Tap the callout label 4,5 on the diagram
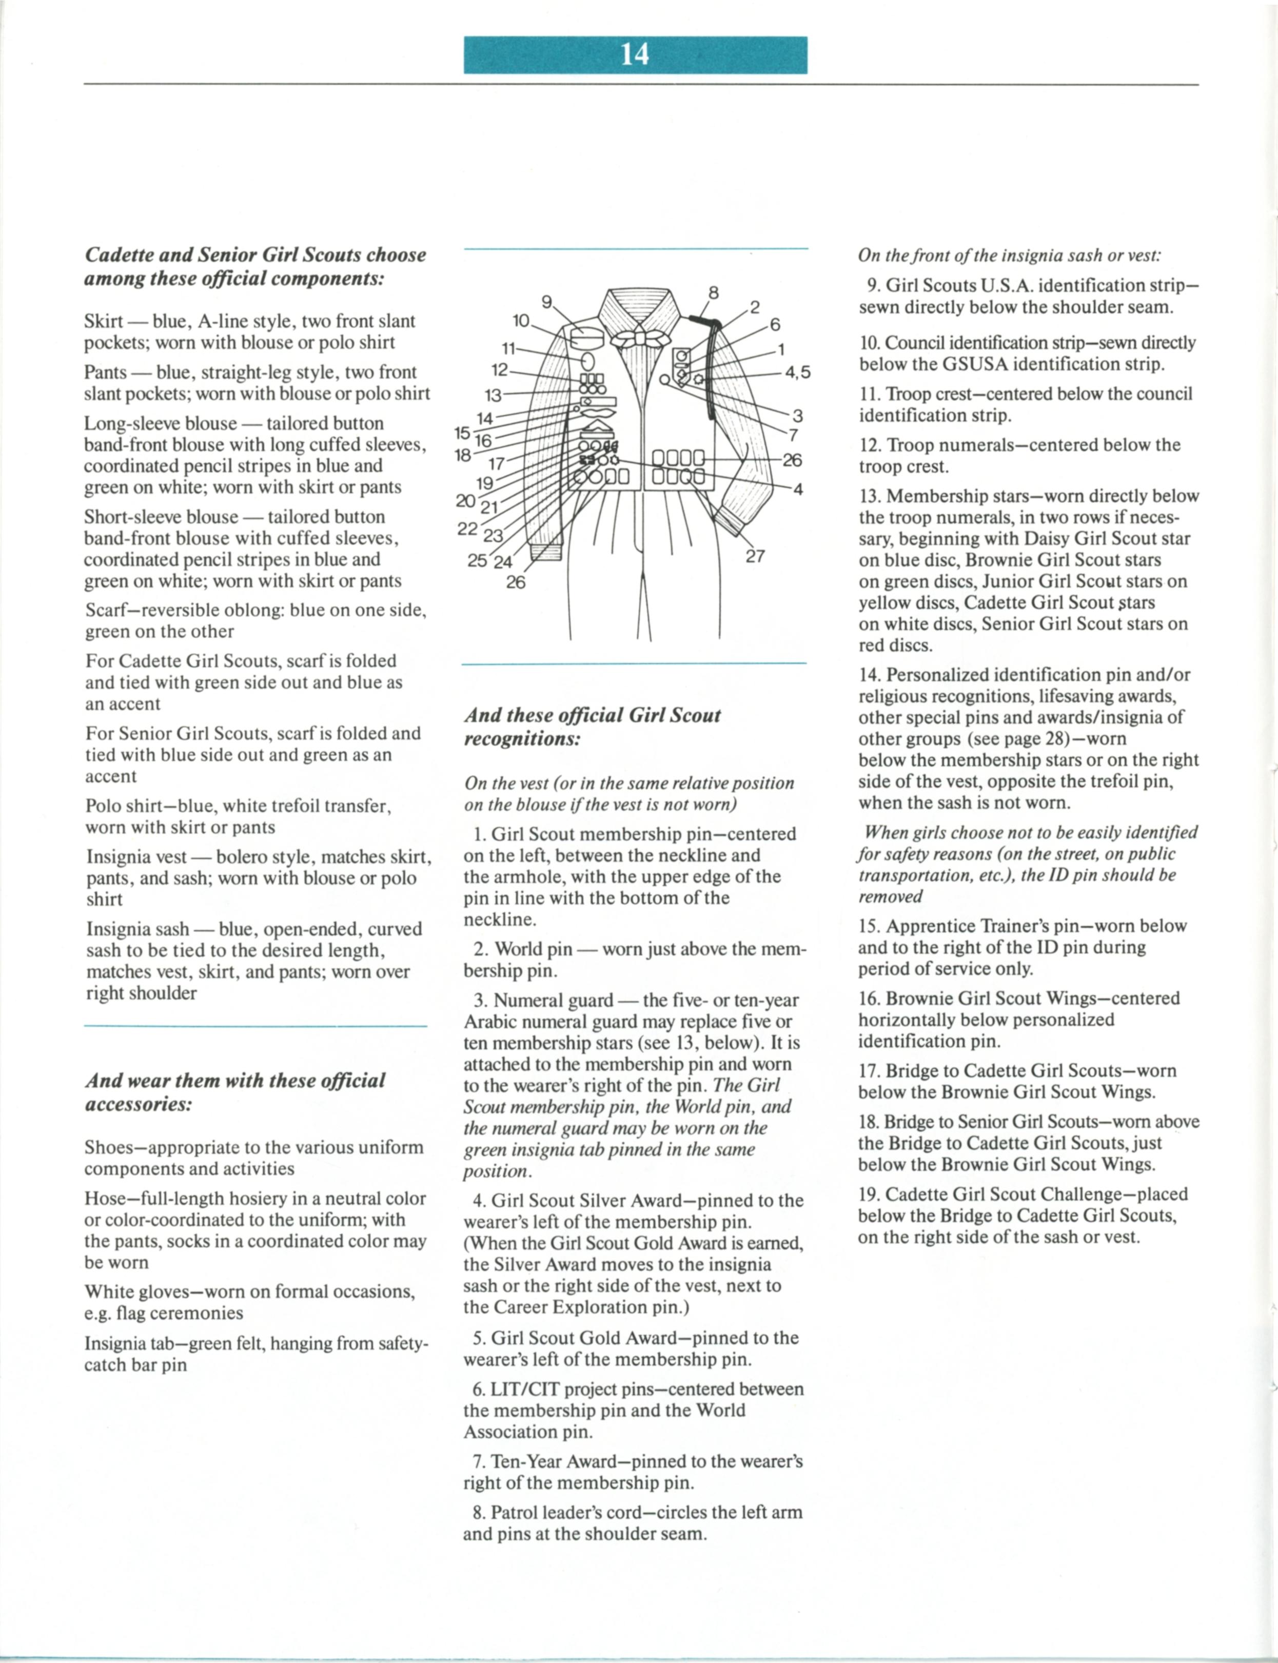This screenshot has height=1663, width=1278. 798,372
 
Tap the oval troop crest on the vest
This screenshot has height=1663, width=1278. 588,359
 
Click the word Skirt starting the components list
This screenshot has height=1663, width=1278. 104,321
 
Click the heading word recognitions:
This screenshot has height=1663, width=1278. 522,739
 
